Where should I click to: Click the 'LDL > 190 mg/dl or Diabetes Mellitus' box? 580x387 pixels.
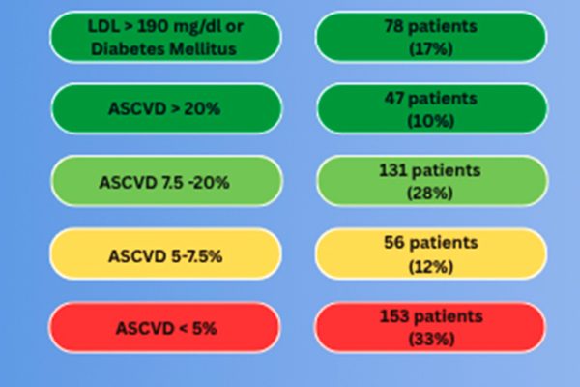click(165, 36)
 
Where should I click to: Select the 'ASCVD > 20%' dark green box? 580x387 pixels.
click(165, 107)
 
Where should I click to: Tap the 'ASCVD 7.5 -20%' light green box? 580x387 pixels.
click(165, 181)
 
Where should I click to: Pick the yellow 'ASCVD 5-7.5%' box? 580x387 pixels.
click(165, 255)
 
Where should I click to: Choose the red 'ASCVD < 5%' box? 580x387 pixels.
click(165, 327)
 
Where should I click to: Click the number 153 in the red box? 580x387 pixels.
click(397, 316)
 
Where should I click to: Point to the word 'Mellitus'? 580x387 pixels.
click(200, 46)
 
